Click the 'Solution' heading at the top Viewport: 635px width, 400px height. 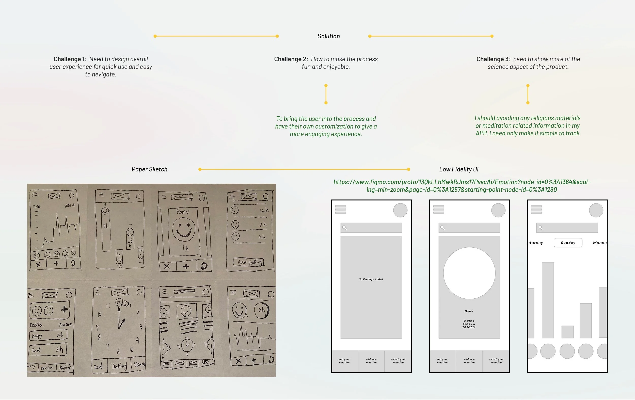coord(329,36)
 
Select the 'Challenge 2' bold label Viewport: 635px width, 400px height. coord(290,59)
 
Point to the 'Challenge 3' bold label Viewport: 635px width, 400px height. coord(492,59)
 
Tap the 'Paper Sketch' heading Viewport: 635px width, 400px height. coord(149,169)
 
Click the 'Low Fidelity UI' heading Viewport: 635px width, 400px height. coord(458,169)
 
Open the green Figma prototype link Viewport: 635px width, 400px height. coord(462,186)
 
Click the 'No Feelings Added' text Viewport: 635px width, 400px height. coord(371,279)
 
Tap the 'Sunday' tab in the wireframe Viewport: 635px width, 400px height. coord(568,243)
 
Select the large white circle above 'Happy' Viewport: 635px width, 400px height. coord(469,273)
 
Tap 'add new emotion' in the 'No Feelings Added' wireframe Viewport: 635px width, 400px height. coord(371,361)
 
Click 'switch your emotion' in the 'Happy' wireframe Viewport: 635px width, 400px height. coord(496,361)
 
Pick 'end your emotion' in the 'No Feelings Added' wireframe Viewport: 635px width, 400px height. coord(344,361)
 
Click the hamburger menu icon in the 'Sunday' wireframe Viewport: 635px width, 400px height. coord(536,209)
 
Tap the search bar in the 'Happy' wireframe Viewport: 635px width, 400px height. coord(469,228)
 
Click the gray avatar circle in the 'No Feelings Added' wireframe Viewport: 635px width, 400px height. coord(400,210)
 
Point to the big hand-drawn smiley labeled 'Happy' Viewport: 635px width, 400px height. coord(184,230)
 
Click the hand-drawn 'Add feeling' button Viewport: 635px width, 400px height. coord(249,262)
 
